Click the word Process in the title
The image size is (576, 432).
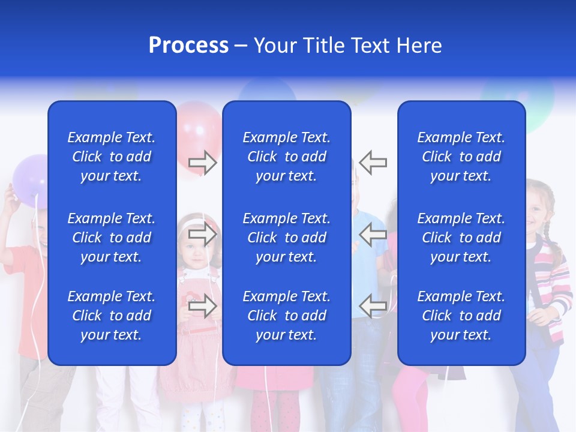tap(188, 46)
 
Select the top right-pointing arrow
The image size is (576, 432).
tap(203, 162)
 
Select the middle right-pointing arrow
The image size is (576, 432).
tap(203, 234)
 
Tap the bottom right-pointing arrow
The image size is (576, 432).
tap(203, 306)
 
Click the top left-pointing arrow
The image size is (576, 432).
tap(373, 162)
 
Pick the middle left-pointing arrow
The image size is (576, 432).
tap(373, 234)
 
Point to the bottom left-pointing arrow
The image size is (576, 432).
tap(373, 306)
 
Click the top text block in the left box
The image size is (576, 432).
tap(112, 157)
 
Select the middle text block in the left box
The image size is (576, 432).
tap(112, 238)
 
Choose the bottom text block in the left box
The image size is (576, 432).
tap(112, 316)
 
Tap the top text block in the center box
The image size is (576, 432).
tap(286, 157)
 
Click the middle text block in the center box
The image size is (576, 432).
tap(286, 238)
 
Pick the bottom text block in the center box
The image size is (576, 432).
tap(286, 316)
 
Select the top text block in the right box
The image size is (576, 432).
tap(461, 157)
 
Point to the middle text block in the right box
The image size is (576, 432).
tap(461, 238)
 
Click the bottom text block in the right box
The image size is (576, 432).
tap(461, 316)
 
